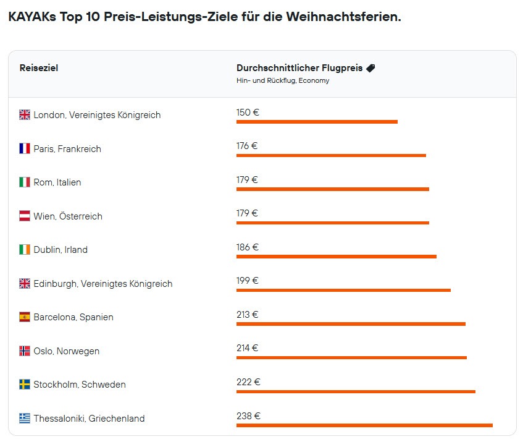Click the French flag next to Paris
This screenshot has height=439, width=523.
25,148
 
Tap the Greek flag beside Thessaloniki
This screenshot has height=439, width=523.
25,419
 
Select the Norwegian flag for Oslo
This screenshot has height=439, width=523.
25,351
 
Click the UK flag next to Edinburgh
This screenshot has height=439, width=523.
25,284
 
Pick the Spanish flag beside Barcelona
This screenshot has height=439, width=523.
25,317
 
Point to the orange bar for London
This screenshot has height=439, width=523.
317,122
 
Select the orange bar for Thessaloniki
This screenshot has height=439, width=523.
364,425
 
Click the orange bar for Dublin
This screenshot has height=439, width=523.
336,257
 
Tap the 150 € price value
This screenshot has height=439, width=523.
248,113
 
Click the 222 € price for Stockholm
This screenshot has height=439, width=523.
248,382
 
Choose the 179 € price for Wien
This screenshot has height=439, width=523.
247,213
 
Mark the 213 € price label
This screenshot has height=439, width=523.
247,315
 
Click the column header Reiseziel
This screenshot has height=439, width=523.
39,68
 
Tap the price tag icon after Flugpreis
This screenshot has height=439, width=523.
370,68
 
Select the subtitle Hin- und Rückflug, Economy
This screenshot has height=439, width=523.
283,80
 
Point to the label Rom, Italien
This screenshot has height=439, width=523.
57,182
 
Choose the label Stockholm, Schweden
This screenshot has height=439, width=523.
80,385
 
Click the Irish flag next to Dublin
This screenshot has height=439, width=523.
25,250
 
